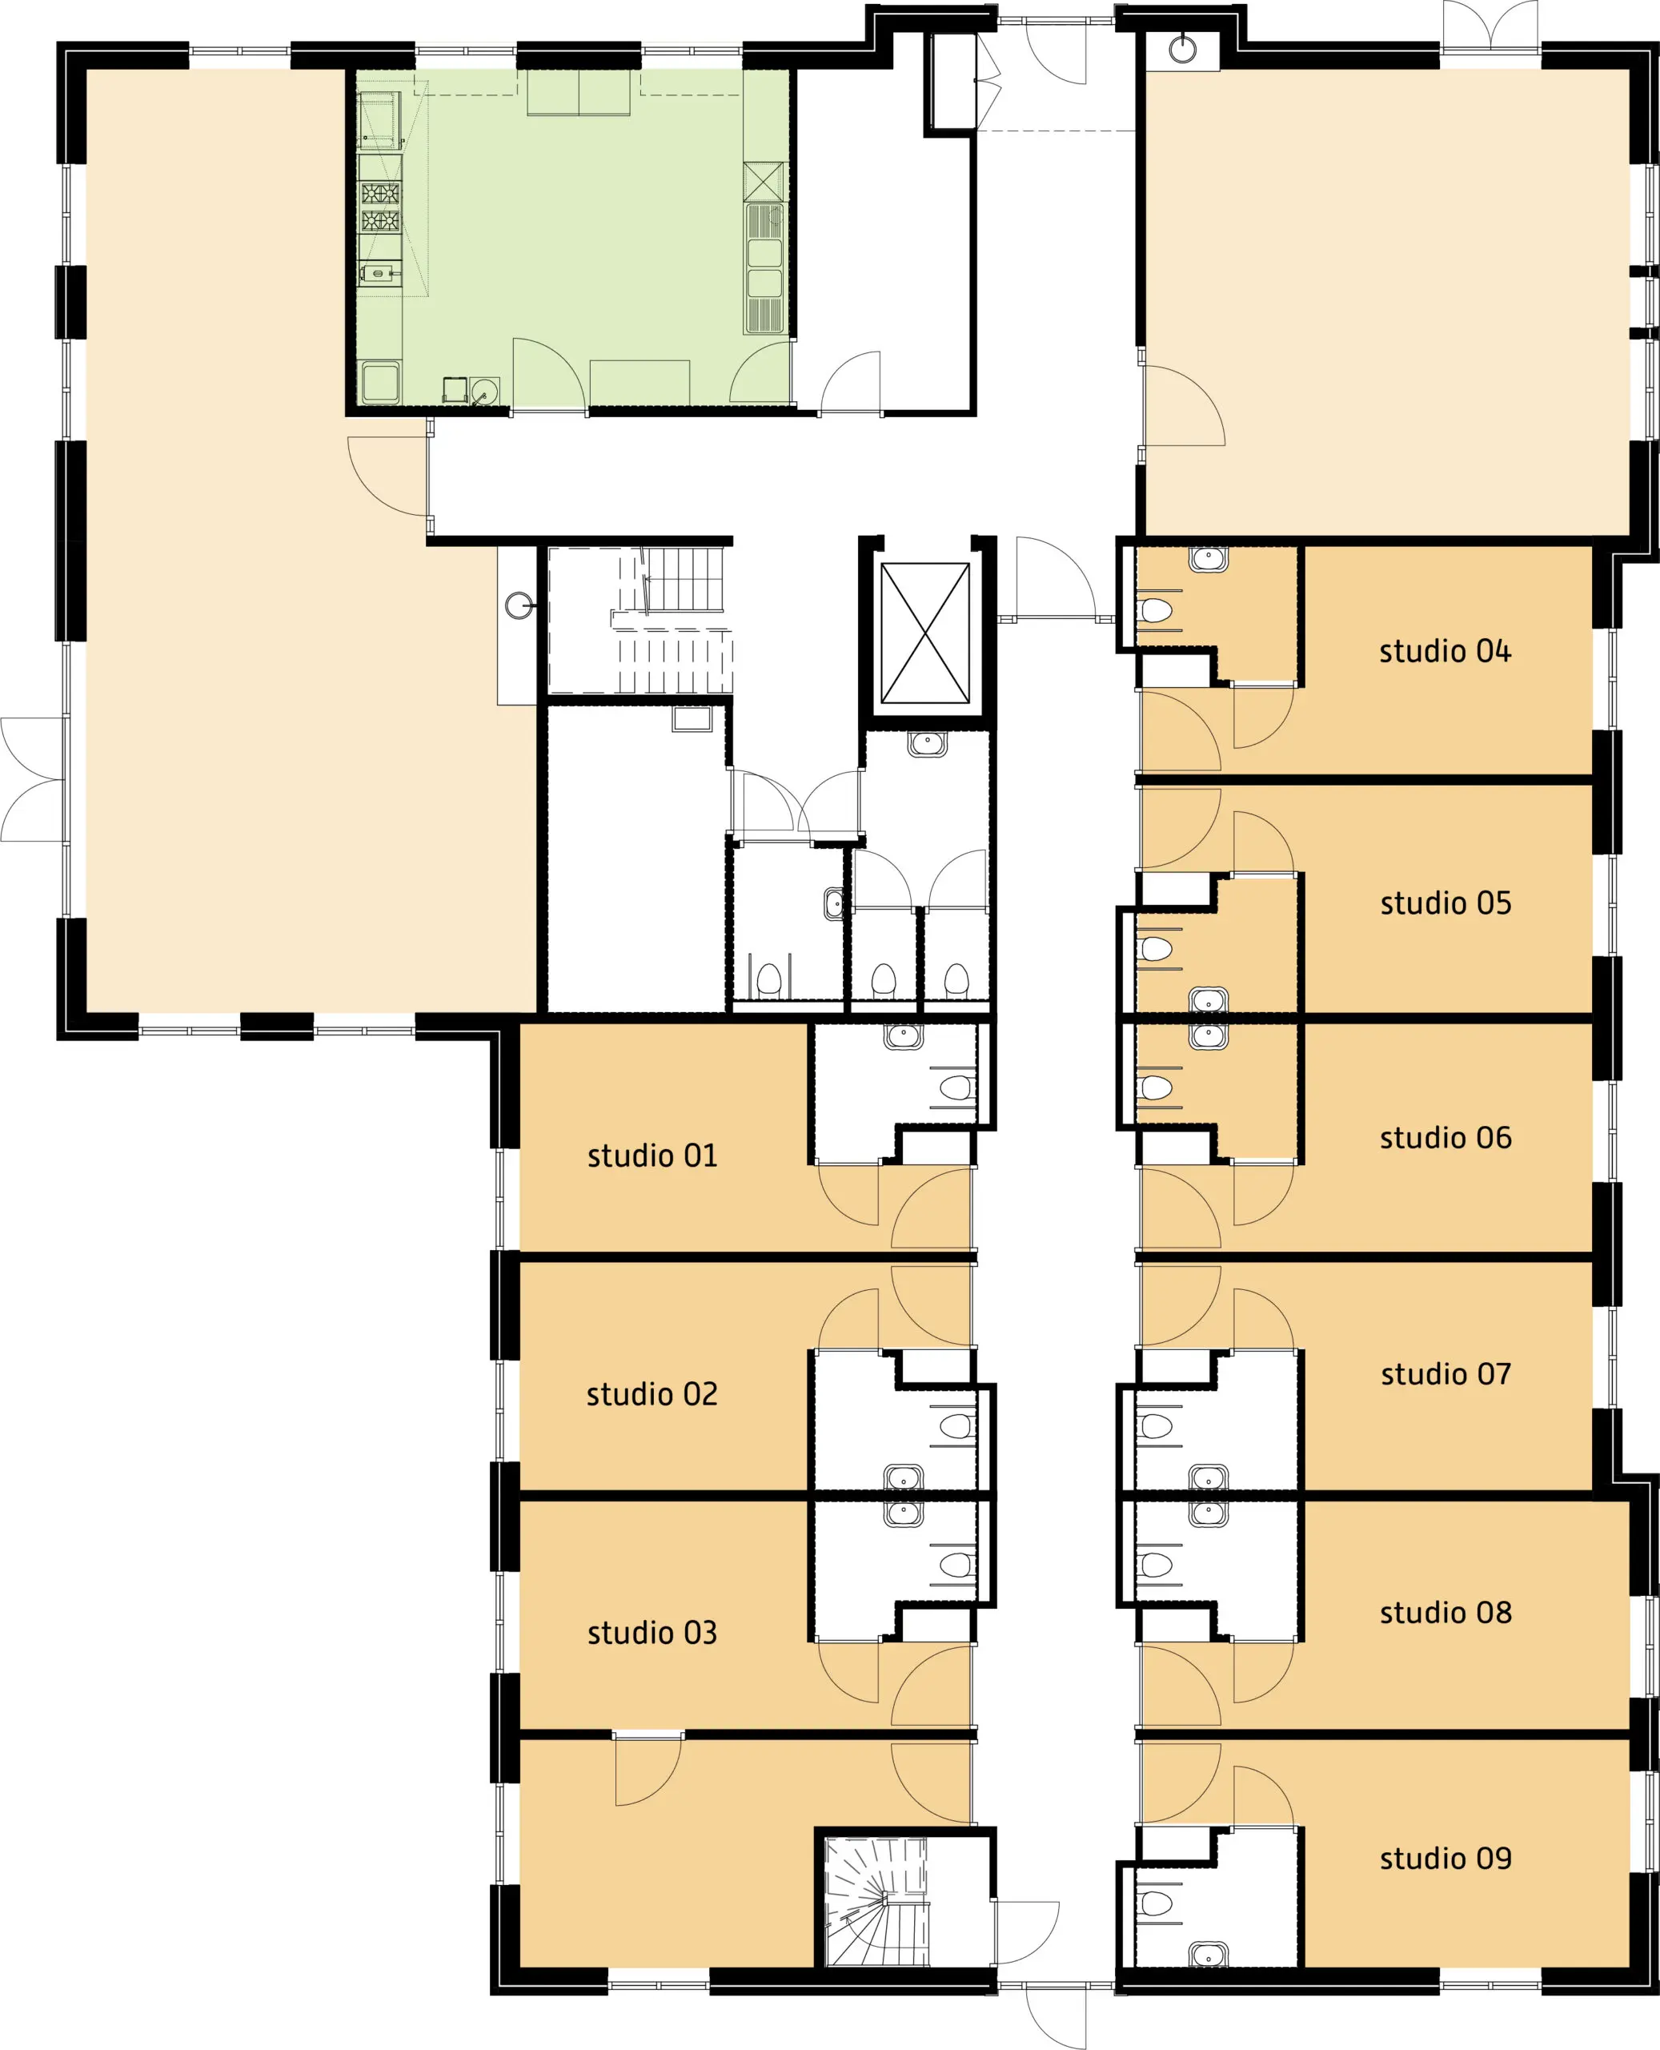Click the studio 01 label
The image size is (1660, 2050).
point(652,1156)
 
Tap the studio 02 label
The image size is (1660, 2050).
point(652,1394)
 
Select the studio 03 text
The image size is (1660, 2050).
point(652,1632)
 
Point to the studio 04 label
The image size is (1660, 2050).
point(1445,652)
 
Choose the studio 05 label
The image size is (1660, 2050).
point(1445,903)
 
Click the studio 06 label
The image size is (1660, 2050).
point(1445,1137)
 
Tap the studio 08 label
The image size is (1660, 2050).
point(1445,1612)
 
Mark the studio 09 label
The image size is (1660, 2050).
point(1445,1858)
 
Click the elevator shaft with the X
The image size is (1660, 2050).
point(924,633)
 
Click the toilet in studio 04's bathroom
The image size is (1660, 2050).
point(1156,610)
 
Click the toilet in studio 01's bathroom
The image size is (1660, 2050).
point(956,1087)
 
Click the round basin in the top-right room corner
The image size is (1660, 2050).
point(1183,49)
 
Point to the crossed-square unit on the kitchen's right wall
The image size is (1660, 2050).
point(763,182)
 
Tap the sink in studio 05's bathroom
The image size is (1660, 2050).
point(1209,1001)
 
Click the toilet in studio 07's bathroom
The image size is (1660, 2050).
point(1156,1426)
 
